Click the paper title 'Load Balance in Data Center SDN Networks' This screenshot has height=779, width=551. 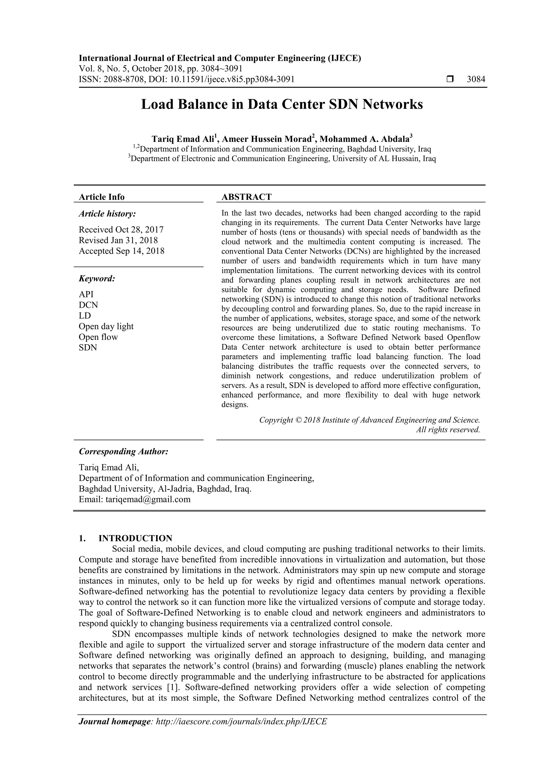tap(282, 105)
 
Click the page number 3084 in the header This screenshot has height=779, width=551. tap(476, 79)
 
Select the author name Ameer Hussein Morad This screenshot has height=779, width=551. tap(267, 139)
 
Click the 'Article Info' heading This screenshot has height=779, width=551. tap(101, 197)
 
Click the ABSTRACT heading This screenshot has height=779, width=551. tap(246, 197)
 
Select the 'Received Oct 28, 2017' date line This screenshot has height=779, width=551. tap(121, 230)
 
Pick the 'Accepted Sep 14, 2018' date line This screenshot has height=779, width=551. tap(122, 251)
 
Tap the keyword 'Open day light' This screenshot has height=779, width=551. tap(106, 326)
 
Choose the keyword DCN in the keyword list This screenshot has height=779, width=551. tap(88, 305)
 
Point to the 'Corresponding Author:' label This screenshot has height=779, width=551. tap(123, 451)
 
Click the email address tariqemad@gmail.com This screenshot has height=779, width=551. tap(148, 499)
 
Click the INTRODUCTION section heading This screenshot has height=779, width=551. tap(135, 538)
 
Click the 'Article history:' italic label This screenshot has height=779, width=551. tap(107, 214)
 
